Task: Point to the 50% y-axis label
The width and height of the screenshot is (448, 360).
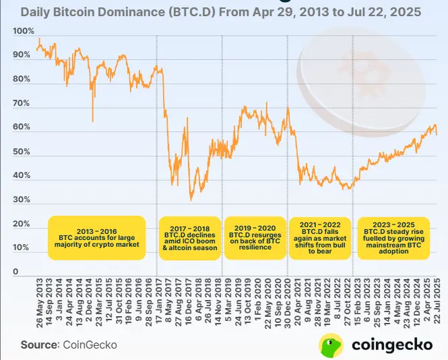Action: coord(22,152)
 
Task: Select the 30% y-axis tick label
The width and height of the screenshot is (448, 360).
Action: coord(22,200)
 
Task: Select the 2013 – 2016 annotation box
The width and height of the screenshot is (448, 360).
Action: coord(98,235)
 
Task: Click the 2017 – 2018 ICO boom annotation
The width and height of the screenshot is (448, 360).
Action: coord(191,235)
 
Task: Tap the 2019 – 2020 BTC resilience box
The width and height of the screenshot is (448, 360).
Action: coord(255,235)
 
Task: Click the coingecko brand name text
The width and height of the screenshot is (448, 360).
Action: coord(393,344)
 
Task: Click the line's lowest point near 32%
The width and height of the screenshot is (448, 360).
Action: coord(191,200)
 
